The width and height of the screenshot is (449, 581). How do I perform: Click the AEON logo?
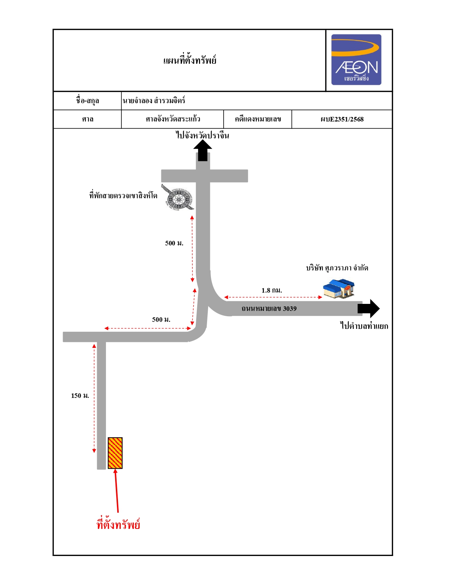click(356, 60)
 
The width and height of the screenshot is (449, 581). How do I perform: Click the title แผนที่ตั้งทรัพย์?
click(190, 60)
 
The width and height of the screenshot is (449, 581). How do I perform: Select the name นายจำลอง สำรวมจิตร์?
click(154, 101)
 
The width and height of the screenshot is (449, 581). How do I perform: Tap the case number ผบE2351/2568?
click(342, 119)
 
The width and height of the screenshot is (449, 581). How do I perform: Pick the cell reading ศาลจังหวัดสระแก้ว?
click(173, 119)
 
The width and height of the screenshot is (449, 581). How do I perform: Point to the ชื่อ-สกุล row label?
click(87, 101)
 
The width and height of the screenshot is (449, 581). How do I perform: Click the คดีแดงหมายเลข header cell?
click(258, 119)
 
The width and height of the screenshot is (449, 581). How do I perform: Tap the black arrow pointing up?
click(203, 150)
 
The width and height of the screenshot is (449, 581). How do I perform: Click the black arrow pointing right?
click(368, 308)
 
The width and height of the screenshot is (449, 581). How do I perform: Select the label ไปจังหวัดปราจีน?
click(202, 135)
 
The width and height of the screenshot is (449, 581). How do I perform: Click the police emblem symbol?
click(177, 197)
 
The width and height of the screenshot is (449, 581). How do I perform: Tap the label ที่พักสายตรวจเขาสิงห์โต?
click(123, 195)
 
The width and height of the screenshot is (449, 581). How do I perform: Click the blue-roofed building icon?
click(339, 288)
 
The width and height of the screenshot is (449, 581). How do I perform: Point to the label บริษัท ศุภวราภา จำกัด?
click(337, 268)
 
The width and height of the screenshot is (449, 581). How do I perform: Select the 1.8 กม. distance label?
click(272, 290)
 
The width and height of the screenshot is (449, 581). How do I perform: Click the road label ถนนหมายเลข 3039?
click(269, 308)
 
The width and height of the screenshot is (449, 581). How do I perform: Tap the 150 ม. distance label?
click(80, 396)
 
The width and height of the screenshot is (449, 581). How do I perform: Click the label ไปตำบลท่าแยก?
click(364, 326)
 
